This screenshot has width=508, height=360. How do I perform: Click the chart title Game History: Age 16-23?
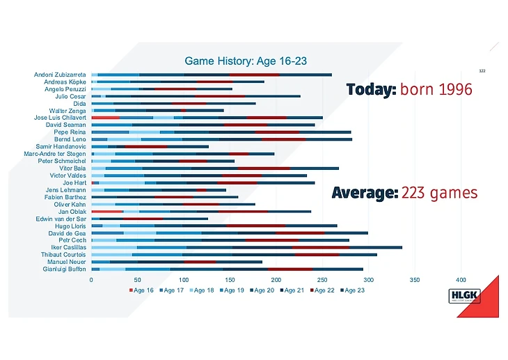pos(246,61)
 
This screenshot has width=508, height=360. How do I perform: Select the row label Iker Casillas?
pos(69,247)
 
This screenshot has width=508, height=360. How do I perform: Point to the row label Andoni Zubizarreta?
pos(60,75)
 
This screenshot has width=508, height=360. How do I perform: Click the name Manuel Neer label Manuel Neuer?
pos(67,262)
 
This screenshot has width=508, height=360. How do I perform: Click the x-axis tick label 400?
pos(461,280)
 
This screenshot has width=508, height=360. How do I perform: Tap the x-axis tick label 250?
pos(322,280)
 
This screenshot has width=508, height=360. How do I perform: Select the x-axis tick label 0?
pos(91,280)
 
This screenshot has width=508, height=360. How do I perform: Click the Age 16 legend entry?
pos(141,290)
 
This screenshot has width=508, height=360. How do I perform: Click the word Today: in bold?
pos(372,90)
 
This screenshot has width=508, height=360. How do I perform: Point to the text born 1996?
pos(436,90)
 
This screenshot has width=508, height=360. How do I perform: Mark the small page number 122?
pos(482,70)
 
